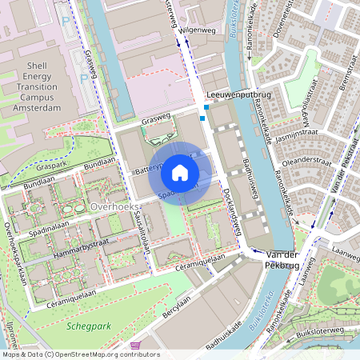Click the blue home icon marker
tap(180, 172)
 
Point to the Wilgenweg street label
tap(197, 30)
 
